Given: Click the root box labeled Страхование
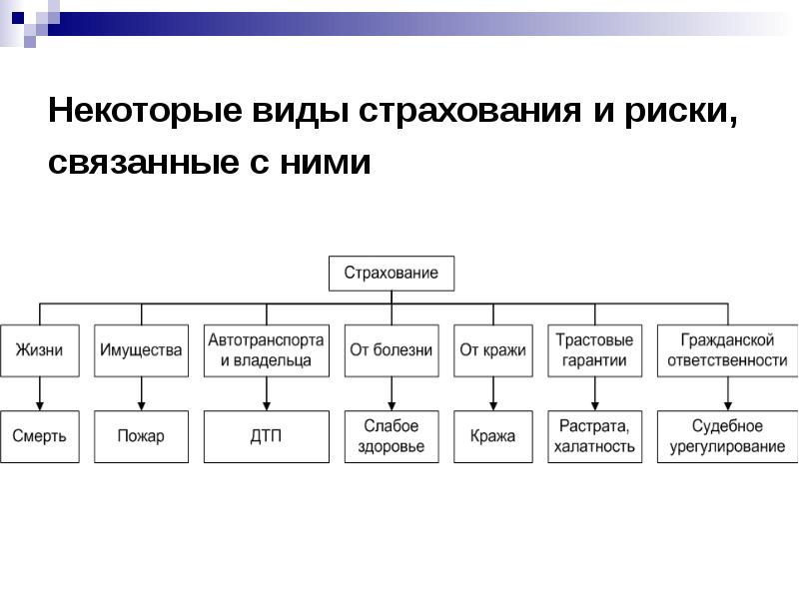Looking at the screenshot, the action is point(392,274).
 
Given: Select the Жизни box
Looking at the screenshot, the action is point(40,351).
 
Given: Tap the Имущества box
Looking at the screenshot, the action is point(141,351).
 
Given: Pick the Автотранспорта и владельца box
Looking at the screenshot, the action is point(267,351).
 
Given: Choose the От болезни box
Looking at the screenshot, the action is point(392,351).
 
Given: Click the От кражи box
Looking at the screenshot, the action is point(493,351).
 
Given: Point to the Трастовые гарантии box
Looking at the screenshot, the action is point(594,351).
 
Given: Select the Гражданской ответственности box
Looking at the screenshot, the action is point(728,351).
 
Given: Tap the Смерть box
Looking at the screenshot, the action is point(40,436).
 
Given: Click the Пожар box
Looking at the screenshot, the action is point(141,436).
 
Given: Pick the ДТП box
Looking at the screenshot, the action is point(267,436).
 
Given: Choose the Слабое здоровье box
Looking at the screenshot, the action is point(392,436).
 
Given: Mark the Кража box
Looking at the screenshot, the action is point(493,436).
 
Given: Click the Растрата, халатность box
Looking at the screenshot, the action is point(594,436).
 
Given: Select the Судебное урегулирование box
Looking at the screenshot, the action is point(728,436).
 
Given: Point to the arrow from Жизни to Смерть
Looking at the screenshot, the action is point(40,393).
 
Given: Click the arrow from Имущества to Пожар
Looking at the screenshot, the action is point(141,393).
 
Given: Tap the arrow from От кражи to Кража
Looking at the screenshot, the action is point(493,393).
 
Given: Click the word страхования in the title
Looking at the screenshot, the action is point(469,111).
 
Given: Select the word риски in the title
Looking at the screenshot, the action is point(681,112).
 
